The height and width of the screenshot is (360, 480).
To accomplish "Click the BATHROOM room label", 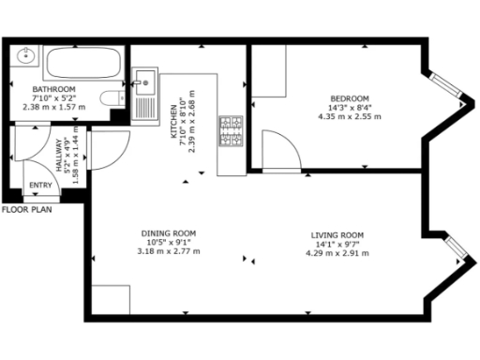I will click(53, 89).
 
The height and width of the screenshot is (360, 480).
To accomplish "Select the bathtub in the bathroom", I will click(82, 64).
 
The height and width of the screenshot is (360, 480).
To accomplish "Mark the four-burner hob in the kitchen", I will click(230, 131).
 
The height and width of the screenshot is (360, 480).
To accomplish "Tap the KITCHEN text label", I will click(173, 122).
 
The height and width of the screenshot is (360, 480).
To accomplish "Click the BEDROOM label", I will click(350, 98).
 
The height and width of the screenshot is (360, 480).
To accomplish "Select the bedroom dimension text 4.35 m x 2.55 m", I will click(350, 116).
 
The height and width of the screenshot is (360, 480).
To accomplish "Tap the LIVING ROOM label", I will click(337, 234).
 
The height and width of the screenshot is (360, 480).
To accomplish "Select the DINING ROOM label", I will click(169, 233).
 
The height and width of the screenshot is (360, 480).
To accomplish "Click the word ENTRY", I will click(41, 185).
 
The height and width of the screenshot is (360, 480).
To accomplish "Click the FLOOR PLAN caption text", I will click(26, 210).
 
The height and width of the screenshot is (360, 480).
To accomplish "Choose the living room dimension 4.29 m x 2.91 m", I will click(337, 251).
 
